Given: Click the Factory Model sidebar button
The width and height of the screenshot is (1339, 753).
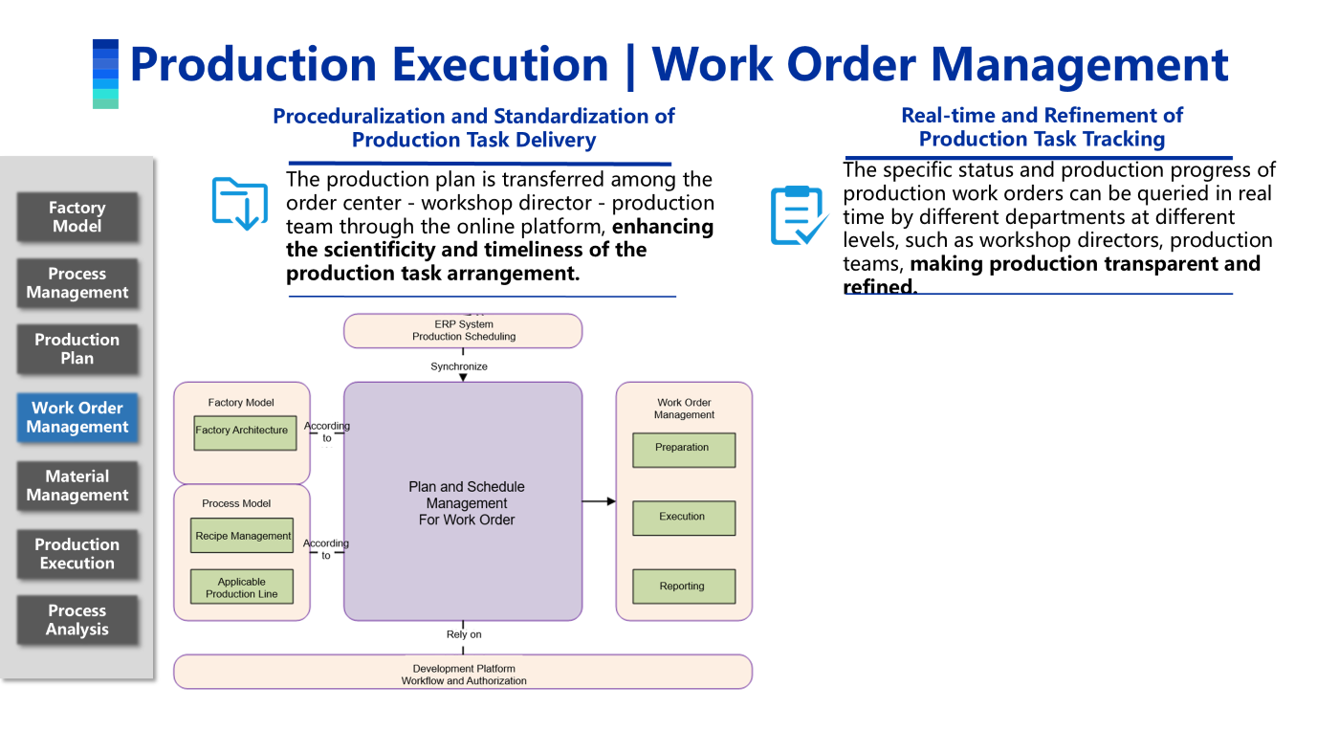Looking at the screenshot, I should coord(77,217).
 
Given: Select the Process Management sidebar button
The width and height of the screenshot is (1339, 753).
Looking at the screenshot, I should coord(77,283).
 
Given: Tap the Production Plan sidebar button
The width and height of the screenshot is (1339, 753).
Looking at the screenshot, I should coord(77,349).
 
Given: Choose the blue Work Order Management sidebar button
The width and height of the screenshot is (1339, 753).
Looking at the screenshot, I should coord(77,417).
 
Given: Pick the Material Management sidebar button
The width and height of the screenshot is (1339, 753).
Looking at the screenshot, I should coord(77,485).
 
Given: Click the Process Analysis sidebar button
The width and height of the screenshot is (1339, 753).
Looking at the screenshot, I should coord(77,620).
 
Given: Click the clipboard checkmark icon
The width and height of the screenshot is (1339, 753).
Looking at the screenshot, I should coord(798,215).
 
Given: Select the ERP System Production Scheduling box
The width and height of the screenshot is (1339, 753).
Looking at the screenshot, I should coord(463,331).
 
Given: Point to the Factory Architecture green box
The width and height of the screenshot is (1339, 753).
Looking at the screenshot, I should coord(242,432).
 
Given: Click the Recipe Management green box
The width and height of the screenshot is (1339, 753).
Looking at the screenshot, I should coord(242,536).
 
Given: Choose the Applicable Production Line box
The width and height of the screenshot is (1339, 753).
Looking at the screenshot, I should coord(242,587).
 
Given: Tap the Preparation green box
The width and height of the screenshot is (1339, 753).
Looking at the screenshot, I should coord(683,449).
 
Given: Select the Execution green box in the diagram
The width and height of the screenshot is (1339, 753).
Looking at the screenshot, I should coord(683,518).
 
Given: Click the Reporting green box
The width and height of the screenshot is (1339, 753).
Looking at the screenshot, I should coord(683,587).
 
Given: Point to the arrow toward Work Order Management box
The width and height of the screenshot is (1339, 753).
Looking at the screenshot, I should coord(599,501).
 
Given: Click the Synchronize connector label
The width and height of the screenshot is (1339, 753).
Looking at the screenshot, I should coord(459,366).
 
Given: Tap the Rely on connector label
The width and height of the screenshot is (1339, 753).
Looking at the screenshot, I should coord(464,634).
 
